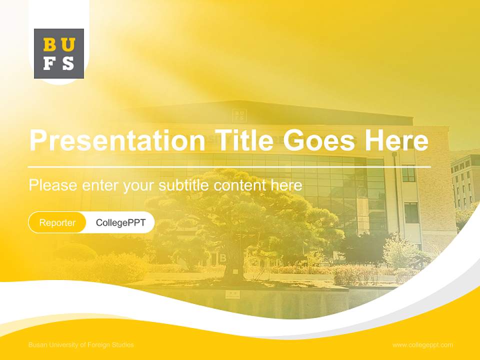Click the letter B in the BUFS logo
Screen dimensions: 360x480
click(50, 45)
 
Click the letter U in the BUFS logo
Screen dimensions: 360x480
click(68, 45)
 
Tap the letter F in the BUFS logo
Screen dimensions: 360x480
click(50, 63)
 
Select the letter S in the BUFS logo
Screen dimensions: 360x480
click(68, 63)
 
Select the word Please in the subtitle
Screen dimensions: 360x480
click(53, 185)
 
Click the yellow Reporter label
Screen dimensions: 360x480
click(57, 222)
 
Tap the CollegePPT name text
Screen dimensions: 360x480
click(120, 222)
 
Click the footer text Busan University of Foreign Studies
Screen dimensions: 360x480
click(81, 345)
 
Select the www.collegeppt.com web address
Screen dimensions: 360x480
click(422, 345)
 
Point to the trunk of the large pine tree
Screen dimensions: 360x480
click(233, 265)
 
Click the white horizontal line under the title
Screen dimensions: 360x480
click(229, 166)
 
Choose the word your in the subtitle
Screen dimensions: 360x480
click(140, 186)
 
